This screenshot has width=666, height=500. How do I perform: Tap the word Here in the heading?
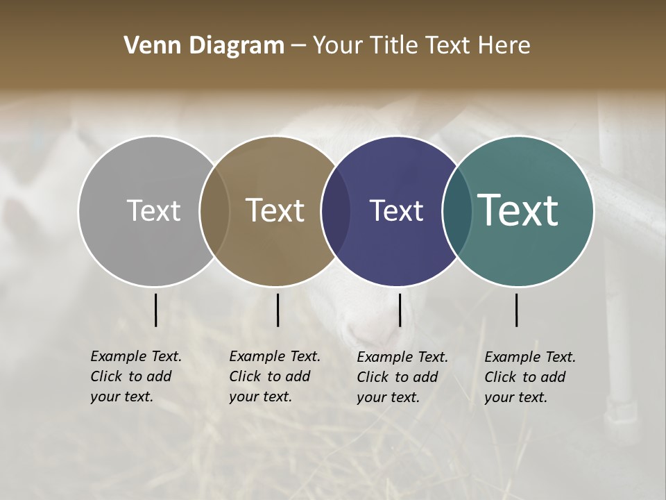pos(504,46)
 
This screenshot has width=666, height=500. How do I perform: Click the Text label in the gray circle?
pos(153,210)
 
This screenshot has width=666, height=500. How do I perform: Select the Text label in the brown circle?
pos(275,210)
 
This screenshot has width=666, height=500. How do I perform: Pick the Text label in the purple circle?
pos(396,210)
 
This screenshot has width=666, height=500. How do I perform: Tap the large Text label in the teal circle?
pos(518,210)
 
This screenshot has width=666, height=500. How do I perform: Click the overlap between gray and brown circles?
pos(214,211)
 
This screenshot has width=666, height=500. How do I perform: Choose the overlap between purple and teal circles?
pos(456,211)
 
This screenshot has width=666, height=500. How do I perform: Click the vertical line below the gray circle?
pos(155,310)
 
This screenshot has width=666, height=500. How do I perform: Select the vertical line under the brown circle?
pos(277,310)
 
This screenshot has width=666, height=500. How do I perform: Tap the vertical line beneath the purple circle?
pos(400,310)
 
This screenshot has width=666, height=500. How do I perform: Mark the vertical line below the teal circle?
pos(516,310)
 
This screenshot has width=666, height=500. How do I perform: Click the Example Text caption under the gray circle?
pos(136,376)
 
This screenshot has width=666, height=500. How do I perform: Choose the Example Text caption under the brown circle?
pos(275,376)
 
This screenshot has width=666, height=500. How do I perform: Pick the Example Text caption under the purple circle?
pos(402,377)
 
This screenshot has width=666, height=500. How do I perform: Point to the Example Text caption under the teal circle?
pos(530,377)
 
